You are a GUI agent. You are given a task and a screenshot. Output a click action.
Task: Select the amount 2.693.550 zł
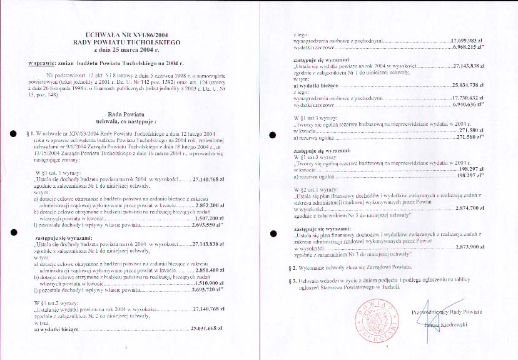click(206, 206)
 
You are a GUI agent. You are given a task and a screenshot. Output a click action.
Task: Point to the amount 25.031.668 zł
click(206, 329)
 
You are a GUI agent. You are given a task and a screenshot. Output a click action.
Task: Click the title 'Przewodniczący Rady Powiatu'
click(447, 311)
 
